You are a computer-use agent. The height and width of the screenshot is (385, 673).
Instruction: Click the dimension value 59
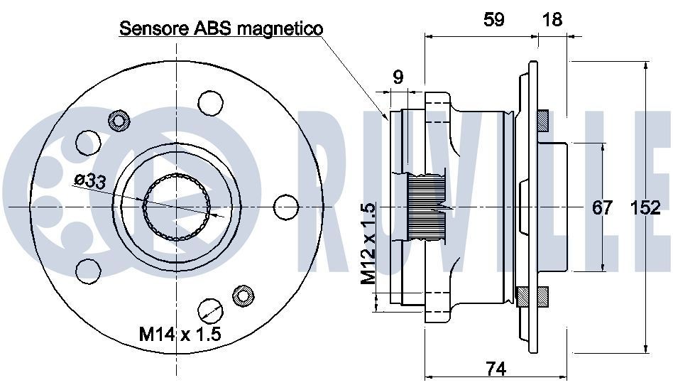494,19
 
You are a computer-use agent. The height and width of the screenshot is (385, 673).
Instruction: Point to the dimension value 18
552,19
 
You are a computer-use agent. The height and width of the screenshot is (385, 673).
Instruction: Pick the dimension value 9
398,77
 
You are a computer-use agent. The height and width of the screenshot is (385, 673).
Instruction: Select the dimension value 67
602,208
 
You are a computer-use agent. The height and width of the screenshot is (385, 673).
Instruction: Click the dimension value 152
645,208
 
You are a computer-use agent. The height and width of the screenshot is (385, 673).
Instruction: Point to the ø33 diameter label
89,181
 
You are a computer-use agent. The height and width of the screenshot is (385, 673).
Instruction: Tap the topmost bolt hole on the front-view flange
209,103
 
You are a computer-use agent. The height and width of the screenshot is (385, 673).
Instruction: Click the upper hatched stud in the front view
117,119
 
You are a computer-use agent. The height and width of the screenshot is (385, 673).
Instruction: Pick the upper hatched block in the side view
542,121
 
